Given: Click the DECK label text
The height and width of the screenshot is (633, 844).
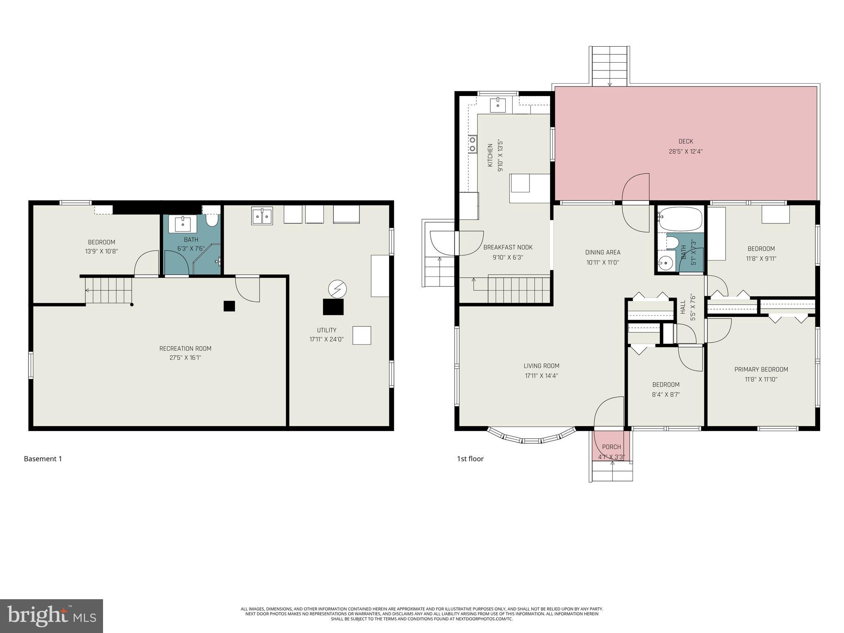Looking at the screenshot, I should point(685,141).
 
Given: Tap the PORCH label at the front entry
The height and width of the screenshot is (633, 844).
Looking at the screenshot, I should point(611,447).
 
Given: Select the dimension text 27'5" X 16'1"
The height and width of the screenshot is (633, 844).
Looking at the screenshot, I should point(185,358).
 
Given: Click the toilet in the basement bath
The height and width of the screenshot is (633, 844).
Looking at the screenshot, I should point(212,221).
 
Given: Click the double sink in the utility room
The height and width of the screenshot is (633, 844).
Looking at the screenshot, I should point(262,216).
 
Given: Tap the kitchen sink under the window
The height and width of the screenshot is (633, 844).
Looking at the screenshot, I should point(498,105).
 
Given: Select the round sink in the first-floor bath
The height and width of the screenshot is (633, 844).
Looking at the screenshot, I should point(664,262).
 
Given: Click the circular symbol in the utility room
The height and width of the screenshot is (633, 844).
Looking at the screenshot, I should point(337,289).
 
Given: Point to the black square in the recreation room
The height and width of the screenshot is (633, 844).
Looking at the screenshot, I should point(229,306).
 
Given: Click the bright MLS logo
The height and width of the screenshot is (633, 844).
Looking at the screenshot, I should point(52,616).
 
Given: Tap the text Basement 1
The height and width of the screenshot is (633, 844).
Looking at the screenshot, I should point(43,459).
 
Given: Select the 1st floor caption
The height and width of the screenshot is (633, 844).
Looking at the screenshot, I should point(470,459).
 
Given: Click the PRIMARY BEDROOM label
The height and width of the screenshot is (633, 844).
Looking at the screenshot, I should point(761,370).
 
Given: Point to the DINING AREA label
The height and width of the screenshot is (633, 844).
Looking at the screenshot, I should point(603,252).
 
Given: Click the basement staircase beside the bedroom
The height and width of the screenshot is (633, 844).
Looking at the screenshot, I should point(109,290).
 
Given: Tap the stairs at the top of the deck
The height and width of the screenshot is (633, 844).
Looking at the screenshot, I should point(610,66).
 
